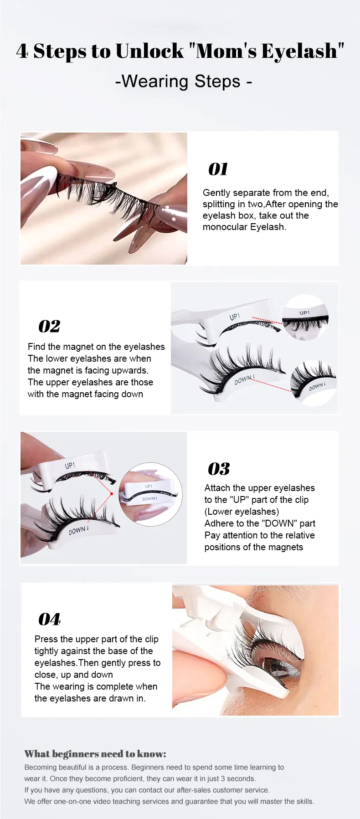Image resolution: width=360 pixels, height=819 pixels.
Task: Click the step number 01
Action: pyautogui.click(x=218, y=169)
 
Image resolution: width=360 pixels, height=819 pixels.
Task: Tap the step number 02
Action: pyautogui.click(x=49, y=326)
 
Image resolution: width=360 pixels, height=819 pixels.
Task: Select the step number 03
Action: pyautogui.click(x=219, y=469)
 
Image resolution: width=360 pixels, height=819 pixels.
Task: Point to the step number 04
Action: pyautogui.click(x=49, y=619)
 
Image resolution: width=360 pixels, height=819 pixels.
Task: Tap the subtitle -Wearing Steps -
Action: pyautogui.click(x=183, y=81)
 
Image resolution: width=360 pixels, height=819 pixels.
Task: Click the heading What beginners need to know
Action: pyautogui.click(x=95, y=754)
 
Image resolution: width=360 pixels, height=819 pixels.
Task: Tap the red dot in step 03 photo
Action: pyautogui.click(x=112, y=493)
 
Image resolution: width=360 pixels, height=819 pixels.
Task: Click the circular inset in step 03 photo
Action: pyautogui.click(x=150, y=494)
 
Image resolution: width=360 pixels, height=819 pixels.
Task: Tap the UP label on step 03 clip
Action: pyautogui.click(x=70, y=466)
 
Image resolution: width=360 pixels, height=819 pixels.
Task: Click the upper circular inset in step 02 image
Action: pyautogui.click(x=305, y=317)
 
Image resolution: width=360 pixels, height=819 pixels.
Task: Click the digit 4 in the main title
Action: pyautogui.click(x=22, y=51)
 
